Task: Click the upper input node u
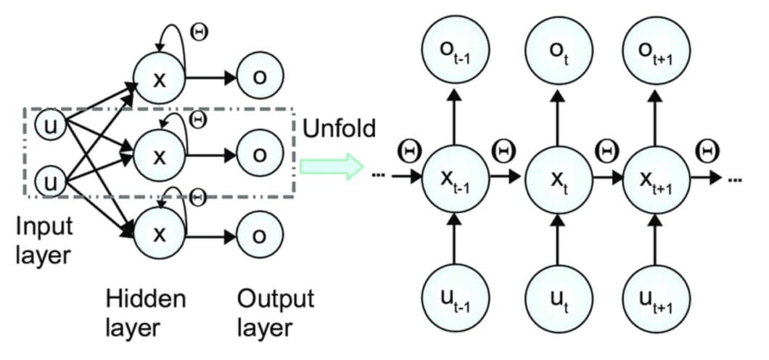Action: [x=49, y=126]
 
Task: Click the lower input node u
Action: [x=49, y=181]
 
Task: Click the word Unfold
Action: [x=340, y=129]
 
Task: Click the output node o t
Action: [x=557, y=52]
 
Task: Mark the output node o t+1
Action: [x=656, y=52]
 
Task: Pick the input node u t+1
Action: [x=656, y=298]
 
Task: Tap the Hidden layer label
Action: [x=145, y=313]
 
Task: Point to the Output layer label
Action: [x=276, y=313]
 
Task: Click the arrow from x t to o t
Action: [x=557, y=116]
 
